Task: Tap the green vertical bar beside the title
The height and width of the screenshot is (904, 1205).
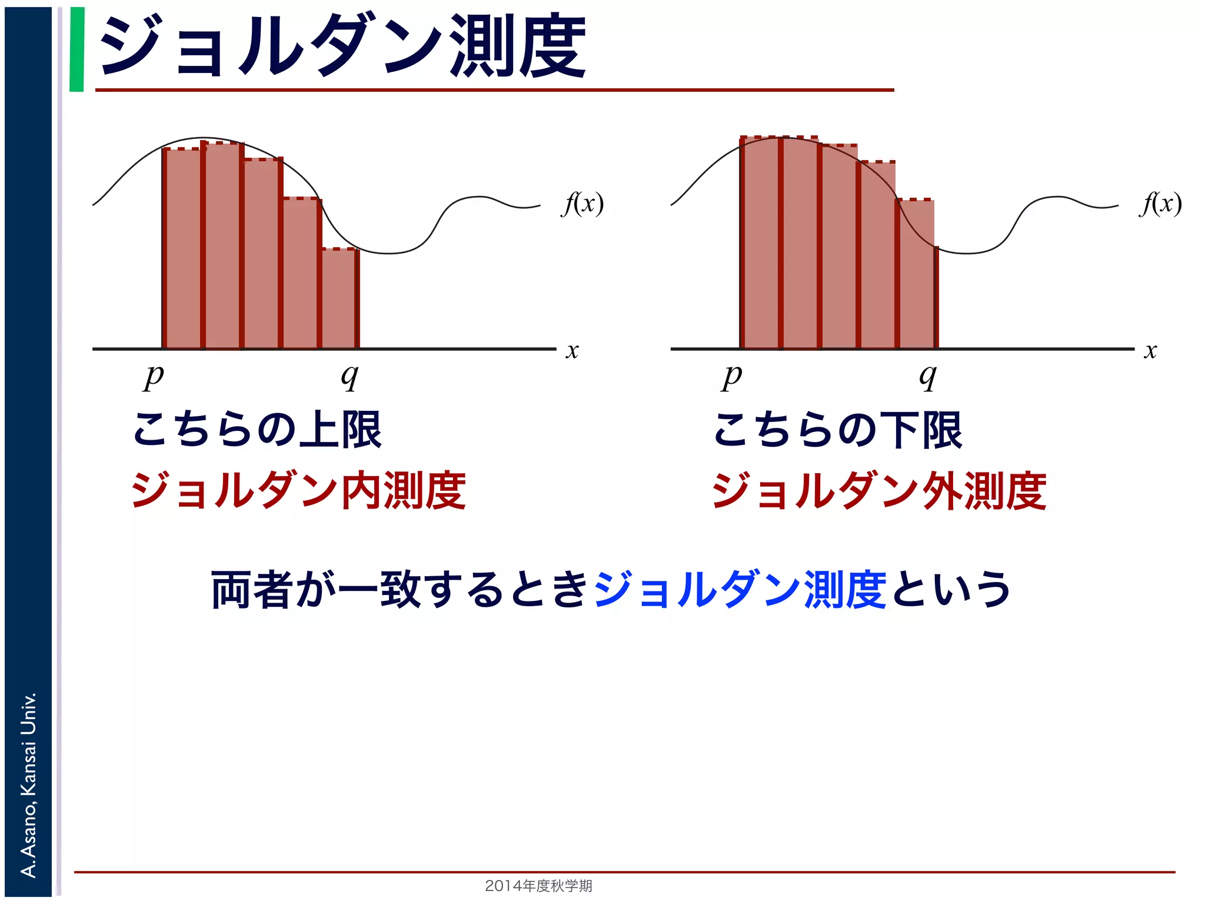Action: (76, 49)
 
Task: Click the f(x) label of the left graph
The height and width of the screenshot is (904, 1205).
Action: (582, 204)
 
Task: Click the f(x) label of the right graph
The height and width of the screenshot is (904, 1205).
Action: (1160, 204)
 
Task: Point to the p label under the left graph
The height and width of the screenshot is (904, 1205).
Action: (154, 377)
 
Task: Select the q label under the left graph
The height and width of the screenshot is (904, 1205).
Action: (349, 377)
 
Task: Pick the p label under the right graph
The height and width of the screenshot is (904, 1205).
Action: (732, 377)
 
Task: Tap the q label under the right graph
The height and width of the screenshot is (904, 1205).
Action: (928, 377)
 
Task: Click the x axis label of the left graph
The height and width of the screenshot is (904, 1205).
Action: (572, 351)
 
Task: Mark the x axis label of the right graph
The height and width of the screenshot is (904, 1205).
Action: (1150, 351)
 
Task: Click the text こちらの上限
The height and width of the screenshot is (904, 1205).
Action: (258, 430)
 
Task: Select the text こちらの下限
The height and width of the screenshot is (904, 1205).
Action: (837, 430)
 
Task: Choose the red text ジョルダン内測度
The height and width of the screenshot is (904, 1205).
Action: (299, 490)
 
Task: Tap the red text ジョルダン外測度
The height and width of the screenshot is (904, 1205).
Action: (879, 490)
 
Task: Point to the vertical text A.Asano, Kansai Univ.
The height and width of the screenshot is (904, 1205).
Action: (28, 785)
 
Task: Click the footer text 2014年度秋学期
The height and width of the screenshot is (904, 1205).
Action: (538, 885)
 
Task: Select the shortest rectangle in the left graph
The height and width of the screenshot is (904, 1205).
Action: (339, 298)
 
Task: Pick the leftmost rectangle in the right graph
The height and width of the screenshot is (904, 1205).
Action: (760, 242)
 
